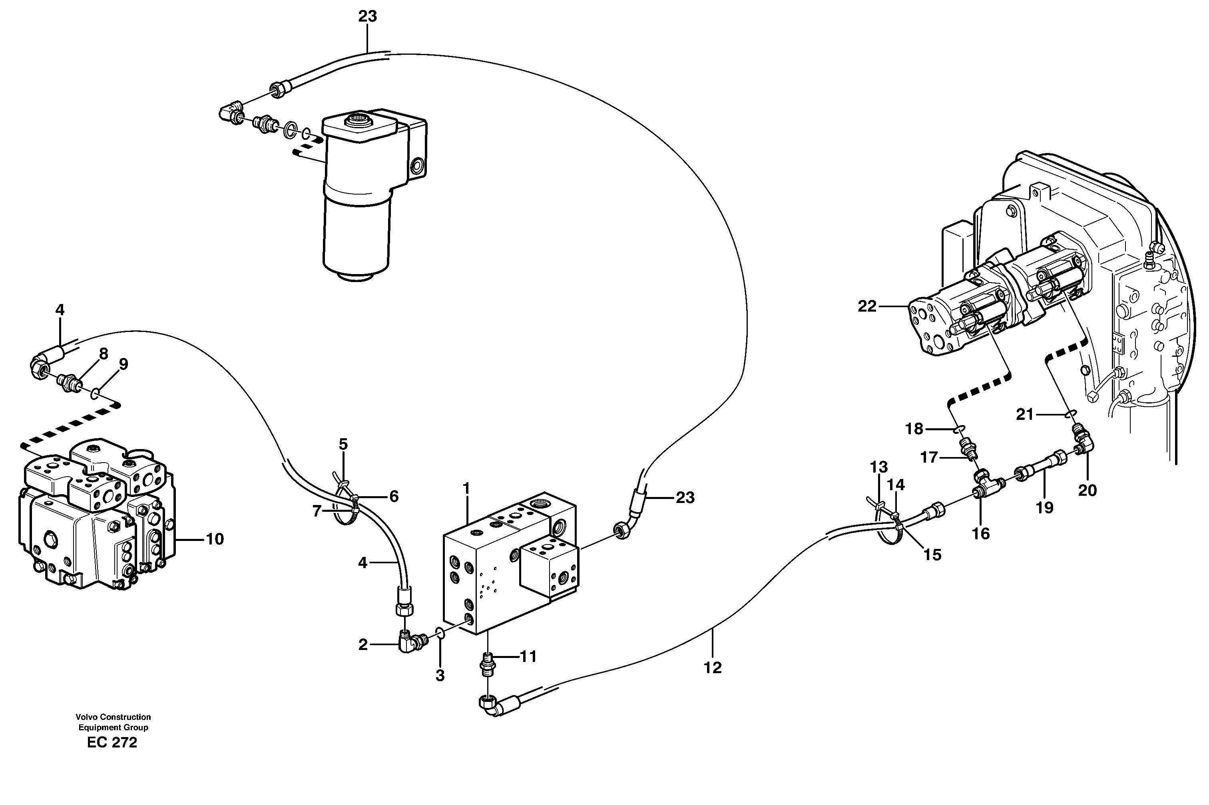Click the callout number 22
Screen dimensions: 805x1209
867,306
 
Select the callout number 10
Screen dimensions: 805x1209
215,539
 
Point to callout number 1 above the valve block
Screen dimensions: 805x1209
466,489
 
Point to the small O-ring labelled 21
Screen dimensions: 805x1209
1071,414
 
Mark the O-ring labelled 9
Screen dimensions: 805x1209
94,394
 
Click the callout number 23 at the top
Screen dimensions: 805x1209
368,16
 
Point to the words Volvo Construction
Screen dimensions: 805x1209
113,717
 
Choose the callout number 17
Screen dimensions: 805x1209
928,457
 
